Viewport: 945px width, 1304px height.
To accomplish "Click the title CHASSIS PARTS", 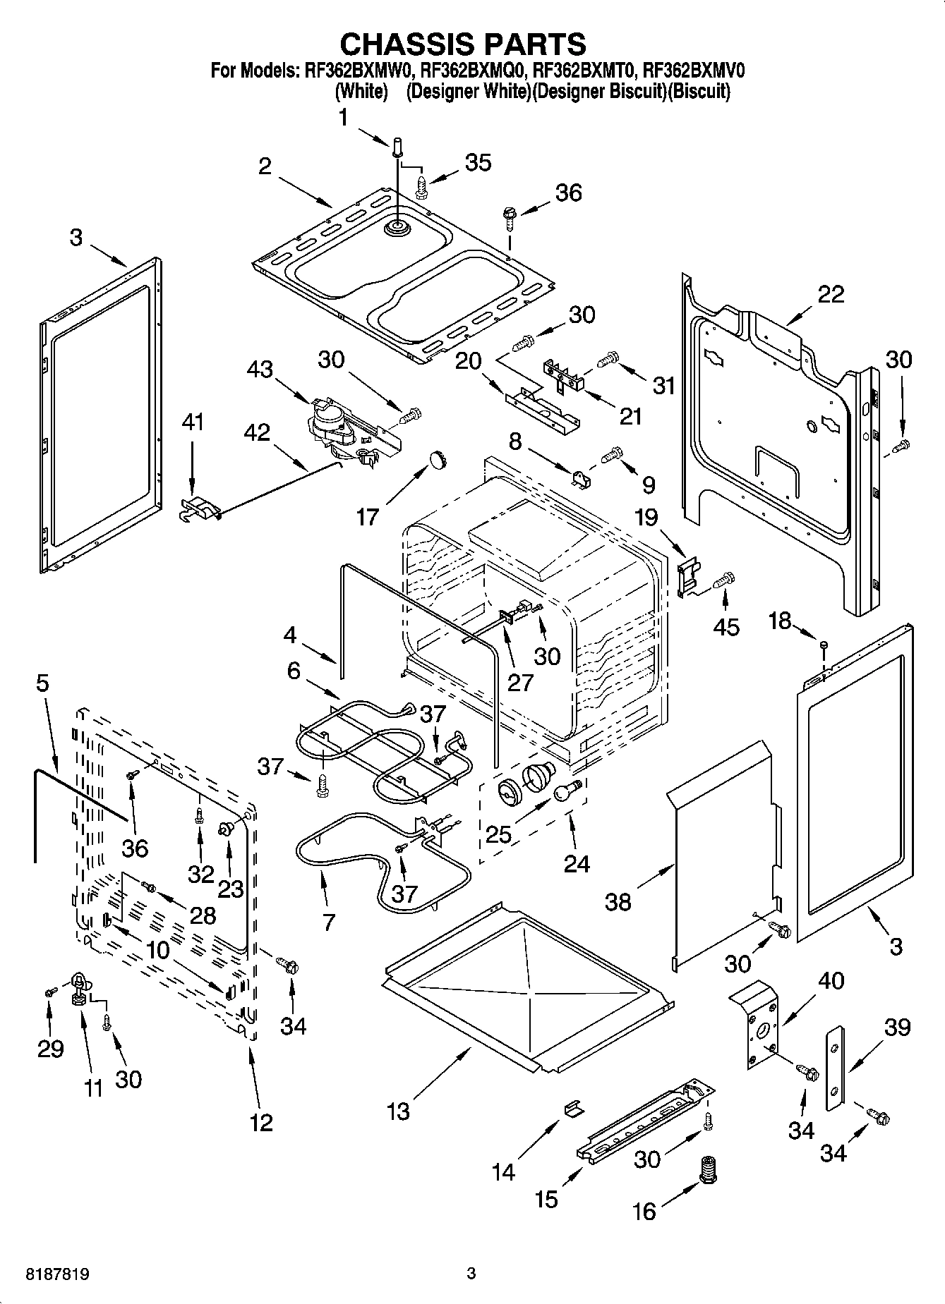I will (x=463, y=44).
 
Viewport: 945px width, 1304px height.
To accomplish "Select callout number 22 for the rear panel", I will (x=830, y=294).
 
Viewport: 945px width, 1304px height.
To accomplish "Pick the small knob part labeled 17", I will (x=440, y=460).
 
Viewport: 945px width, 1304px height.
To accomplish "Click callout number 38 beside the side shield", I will (x=618, y=901).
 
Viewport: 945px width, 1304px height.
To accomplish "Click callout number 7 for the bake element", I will (x=329, y=922).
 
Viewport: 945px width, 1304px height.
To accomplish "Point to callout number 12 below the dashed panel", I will (x=261, y=1122).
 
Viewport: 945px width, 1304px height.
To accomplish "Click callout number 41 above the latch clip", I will (x=192, y=423).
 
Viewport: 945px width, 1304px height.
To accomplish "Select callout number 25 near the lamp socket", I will (x=498, y=834).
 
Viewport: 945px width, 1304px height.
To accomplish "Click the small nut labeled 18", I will (x=824, y=644).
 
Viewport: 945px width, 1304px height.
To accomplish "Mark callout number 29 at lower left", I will (x=51, y=1049).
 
